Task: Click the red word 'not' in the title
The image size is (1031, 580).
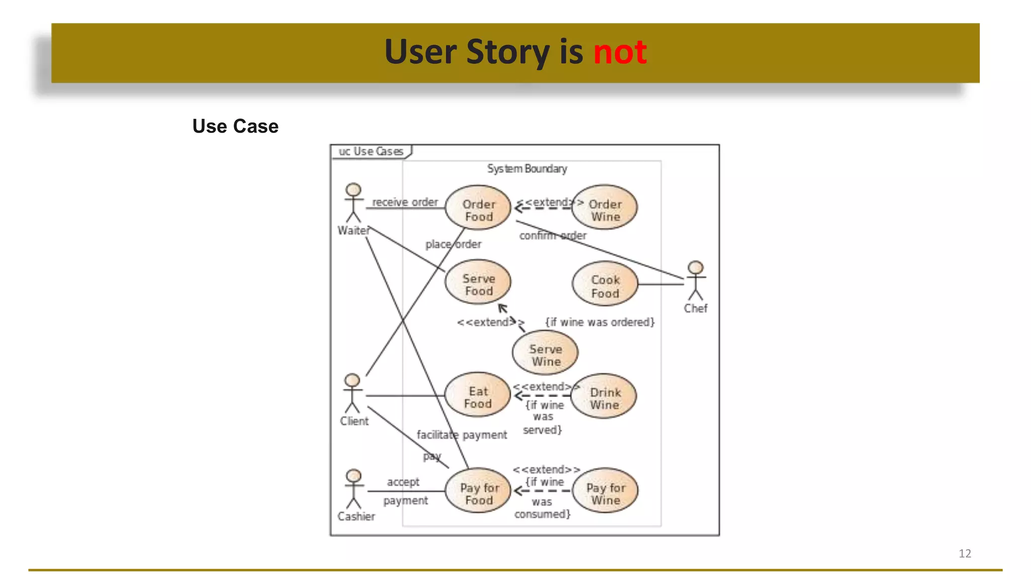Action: pos(620,52)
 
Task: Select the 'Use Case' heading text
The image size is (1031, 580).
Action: pos(235,126)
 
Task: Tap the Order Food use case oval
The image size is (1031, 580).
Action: pos(478,208)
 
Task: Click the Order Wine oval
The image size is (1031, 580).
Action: pos(605,208)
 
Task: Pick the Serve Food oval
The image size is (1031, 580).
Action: pos(478,282)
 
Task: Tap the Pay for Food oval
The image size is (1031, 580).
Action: pos(479,491)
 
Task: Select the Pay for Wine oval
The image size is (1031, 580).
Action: pos(605,491)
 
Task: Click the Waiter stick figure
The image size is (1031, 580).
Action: pos(353,203)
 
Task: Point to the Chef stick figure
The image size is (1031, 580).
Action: pos(695,281)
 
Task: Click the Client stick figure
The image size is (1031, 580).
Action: pos(352,394)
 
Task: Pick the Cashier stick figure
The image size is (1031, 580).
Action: pos(354,489)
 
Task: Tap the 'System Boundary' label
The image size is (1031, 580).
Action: pos(527,169)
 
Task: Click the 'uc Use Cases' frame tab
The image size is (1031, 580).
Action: pos(371,152)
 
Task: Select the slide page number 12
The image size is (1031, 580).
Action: pos(965,553)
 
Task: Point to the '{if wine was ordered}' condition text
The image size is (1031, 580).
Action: pos(600,322)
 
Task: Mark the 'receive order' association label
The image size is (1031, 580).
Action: pos(405,202)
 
